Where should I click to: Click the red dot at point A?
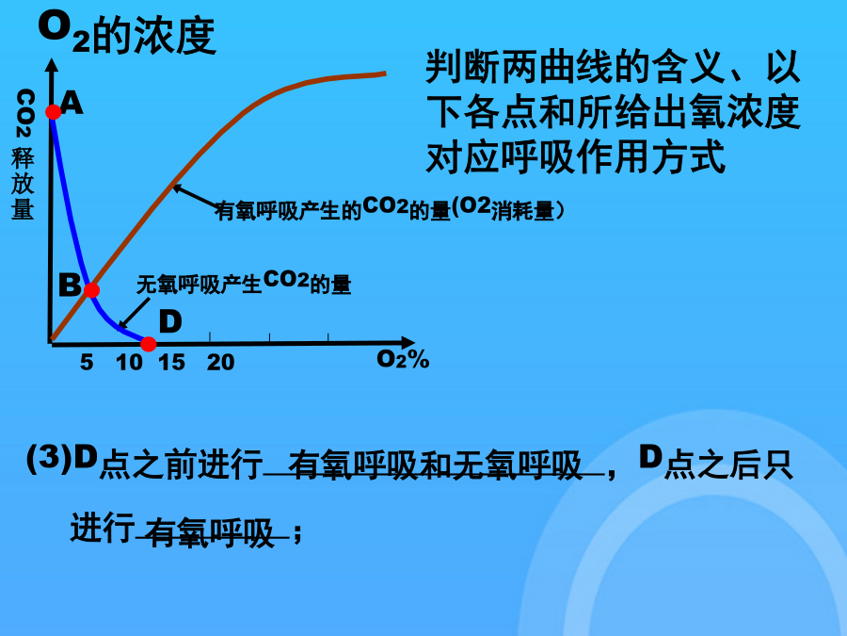tap(54, 112)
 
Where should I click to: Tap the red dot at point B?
tap(91, 290)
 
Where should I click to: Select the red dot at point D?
tap(148, 344)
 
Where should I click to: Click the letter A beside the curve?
tap(72, 103)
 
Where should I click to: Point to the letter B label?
tap(70, 285)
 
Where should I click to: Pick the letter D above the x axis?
tap(170, 322)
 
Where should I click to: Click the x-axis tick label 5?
tap(87, 363)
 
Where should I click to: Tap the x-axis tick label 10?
tap(129, 363)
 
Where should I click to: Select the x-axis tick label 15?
tap(172, 363)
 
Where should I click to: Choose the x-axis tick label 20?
tap(220, 363)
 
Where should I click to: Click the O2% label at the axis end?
tap(403, 359)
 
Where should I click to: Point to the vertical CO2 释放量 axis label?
tap(24, 155)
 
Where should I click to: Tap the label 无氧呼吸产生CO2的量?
tap(244, 283)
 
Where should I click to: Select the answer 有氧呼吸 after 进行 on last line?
tap(211, 532)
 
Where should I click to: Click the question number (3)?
tap(49, 459)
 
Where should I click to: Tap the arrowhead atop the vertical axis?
tap(52, 66)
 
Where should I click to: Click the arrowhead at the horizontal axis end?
tap(408, 343)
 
